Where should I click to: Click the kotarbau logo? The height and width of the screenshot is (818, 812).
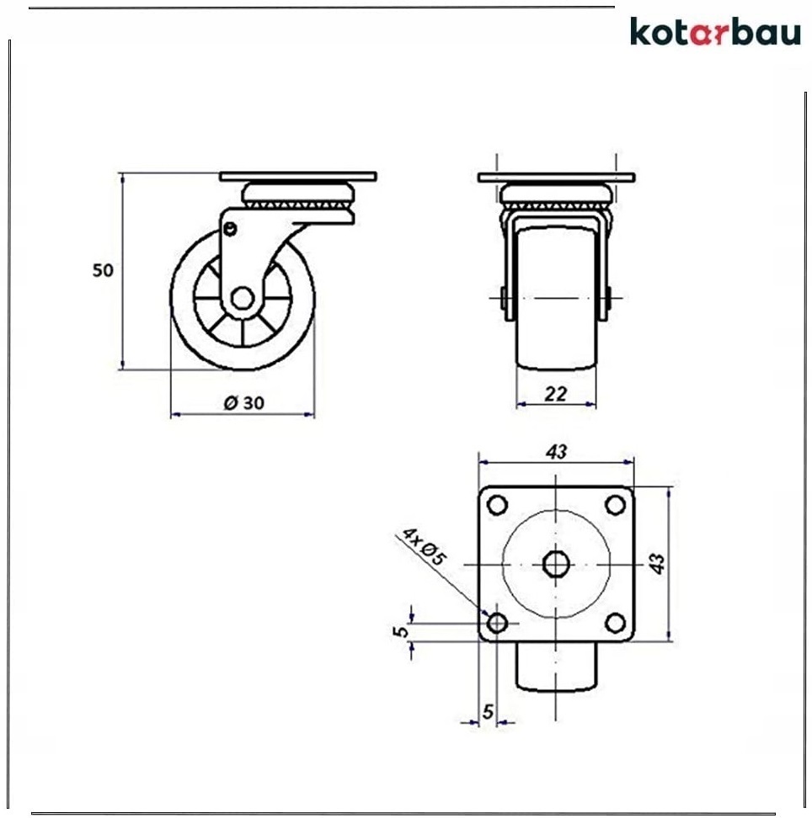(715, 32)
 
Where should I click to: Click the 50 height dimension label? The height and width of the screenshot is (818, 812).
(103, 270)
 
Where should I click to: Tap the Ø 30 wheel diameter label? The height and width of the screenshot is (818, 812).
(244, 403)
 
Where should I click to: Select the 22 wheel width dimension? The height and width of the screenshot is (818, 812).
(556, 393)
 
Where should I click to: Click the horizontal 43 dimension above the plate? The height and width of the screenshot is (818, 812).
(556, 451)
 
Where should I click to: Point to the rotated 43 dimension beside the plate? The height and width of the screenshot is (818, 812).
(657, 563)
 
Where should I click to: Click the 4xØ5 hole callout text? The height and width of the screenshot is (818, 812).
(424, 546)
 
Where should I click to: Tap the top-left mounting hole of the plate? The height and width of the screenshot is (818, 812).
(497, 505)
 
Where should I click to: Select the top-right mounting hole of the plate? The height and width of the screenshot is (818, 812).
(615, 505)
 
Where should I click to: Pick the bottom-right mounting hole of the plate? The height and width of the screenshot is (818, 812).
(615, 623)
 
